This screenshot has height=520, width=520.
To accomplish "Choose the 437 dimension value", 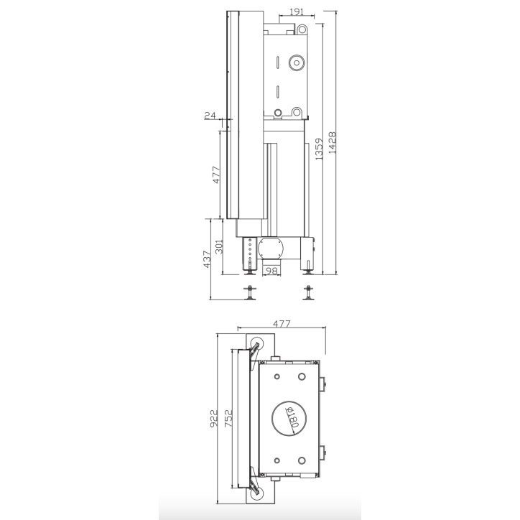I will pyautogui.click(x=207, y=257).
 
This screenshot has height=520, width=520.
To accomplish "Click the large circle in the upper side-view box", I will pyautogui.click(x=296, y=63).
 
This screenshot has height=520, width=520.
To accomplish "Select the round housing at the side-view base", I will pyautogui.click(x=271, y=251).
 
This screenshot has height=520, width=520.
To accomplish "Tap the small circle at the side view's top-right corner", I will pyautogui.click(x=303, y=29).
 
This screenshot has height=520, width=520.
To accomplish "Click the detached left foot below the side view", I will pyautogui.click(x=250, y=293).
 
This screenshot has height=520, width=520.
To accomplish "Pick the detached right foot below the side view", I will pyautogui.click(x=309, y=293).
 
